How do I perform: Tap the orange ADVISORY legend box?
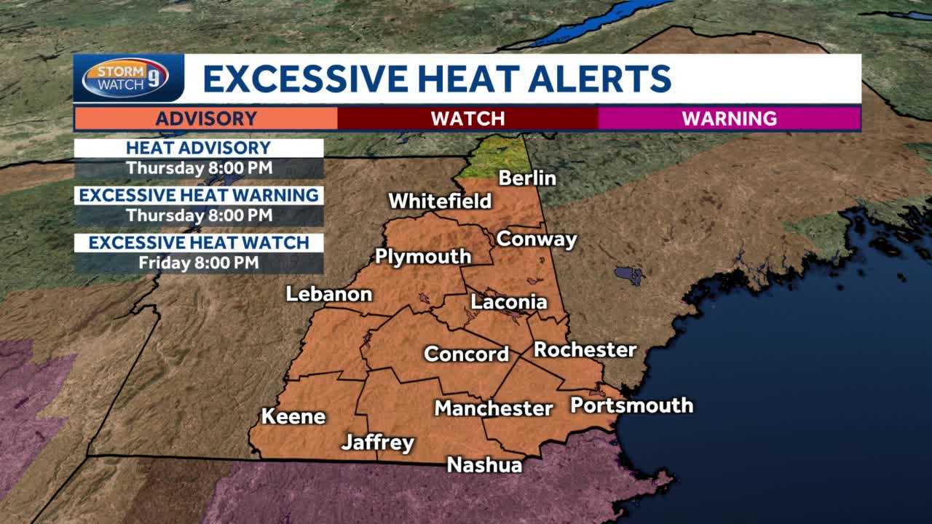coord(206,118)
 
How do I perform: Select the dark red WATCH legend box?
coord(467,118)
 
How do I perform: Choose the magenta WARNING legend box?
coord(729,118)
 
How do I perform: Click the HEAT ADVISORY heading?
coord(198,148)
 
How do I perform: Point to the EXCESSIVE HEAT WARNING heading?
coord(199,195)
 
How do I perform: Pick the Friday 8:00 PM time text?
coord(199,263)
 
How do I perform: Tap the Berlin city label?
coord(527,178)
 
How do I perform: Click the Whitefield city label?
coord(440,201)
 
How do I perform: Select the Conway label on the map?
coord(537,239)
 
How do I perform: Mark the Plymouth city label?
coord(423,256)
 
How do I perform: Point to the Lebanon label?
coord(329,294)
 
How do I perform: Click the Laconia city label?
coord(509,301)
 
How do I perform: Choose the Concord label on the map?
coord(467,354)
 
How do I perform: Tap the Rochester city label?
coord(585,349)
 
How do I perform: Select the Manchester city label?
coord(494,408)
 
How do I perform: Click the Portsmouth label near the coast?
coord(631,405)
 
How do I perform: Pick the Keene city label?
coord(293,416)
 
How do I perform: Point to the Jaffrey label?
coord(378,442)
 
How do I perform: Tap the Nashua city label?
coord(484,464)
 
